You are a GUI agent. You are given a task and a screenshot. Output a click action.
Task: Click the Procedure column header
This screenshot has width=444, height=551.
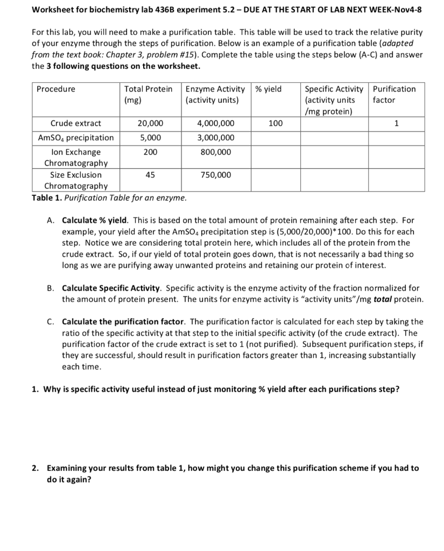point(56,89)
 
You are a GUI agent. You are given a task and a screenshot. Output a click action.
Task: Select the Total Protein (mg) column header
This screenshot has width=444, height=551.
point(148,94)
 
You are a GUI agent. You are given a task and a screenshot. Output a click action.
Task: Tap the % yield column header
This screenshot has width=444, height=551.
point(268,89)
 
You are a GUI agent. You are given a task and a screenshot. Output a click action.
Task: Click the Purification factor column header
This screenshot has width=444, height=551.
point(394,94)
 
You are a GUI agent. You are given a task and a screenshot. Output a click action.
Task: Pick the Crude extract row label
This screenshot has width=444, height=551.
point(76,123)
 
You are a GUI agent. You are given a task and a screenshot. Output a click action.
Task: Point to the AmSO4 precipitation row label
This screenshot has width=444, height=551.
point(76,138)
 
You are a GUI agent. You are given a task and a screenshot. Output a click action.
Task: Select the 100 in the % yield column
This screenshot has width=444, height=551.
point(275,123)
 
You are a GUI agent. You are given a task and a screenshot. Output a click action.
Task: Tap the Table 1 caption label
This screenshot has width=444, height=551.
point(47,197)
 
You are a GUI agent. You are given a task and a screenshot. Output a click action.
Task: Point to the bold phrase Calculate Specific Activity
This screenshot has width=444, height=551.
point(111,288)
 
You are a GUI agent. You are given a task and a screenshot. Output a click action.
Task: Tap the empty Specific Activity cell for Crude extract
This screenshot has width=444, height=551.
point(334,123)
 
